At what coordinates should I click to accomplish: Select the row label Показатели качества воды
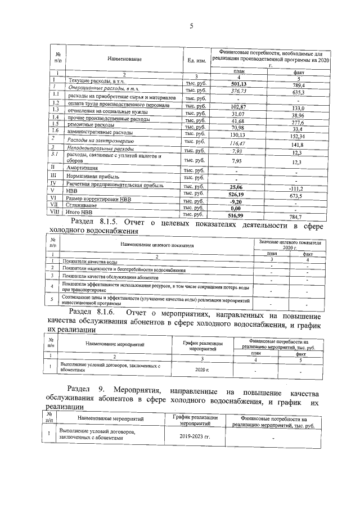(90, 262)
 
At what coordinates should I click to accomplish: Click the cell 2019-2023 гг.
(199, 435)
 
